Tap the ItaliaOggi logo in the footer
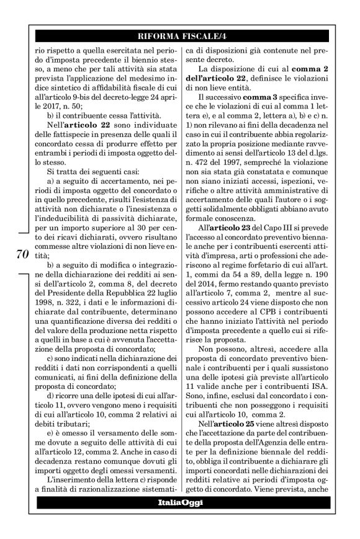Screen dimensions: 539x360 [179, 501]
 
